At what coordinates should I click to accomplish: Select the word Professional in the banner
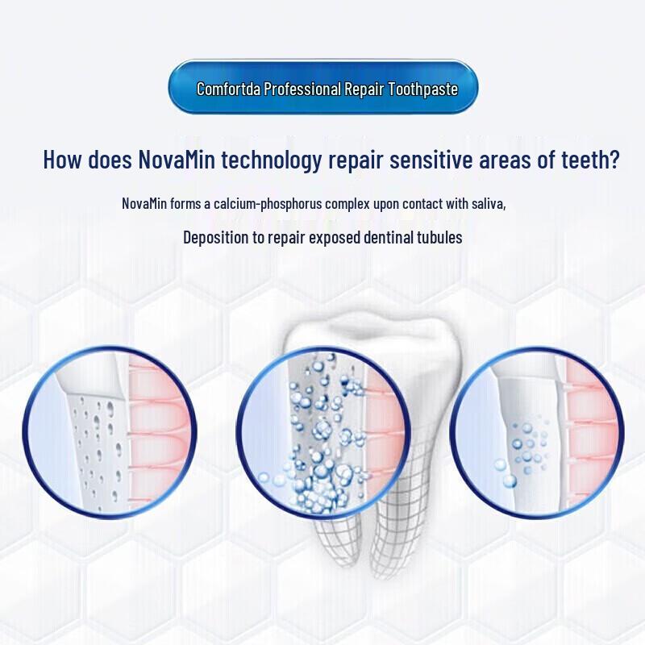point(302,89)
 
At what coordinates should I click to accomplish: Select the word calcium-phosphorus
point(273,203)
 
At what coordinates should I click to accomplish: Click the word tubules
point(439,237)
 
